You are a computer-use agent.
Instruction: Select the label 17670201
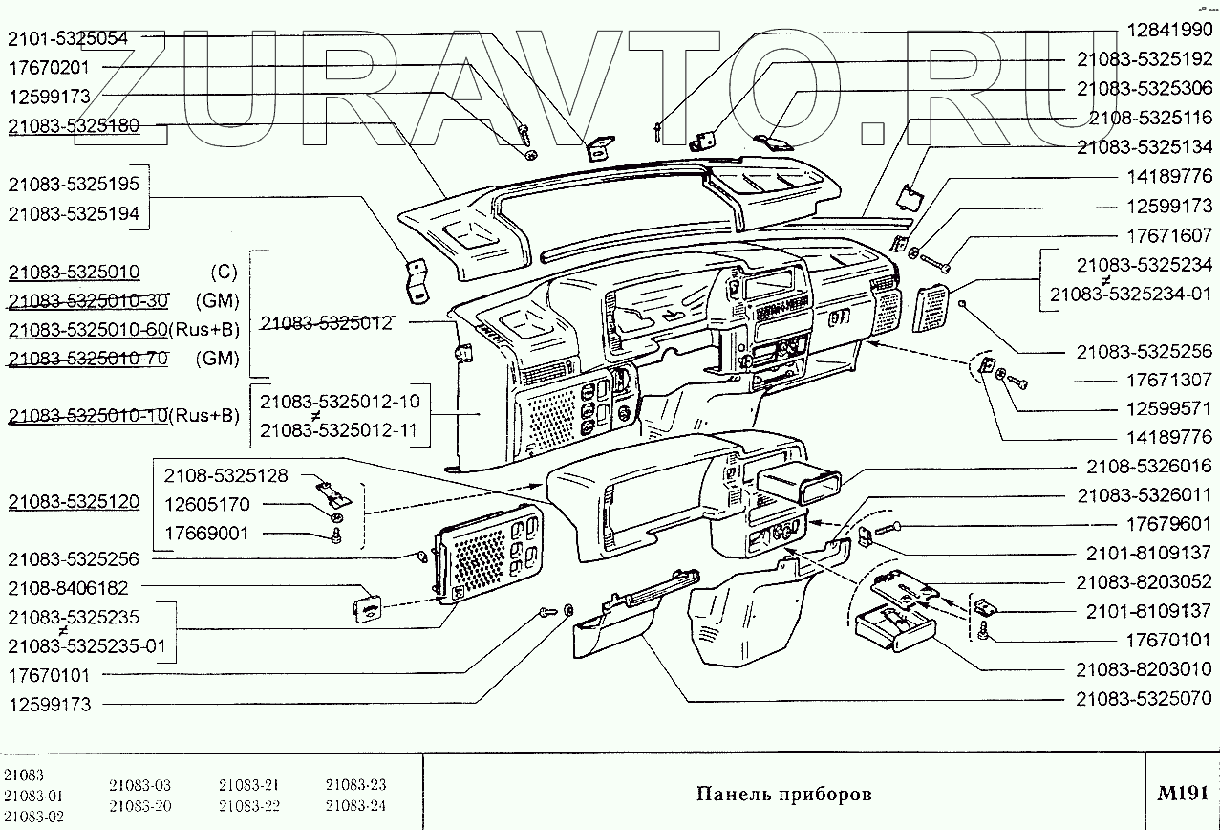[49, 68]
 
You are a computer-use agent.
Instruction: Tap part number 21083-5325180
[74, 126]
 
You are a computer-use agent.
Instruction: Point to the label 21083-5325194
[74, 215]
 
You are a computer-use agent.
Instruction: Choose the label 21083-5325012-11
[338, 430]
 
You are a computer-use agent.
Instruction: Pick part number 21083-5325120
[74, 502]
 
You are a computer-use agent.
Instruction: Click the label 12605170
[205, 504]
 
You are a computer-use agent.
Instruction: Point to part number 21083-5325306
[1145, 88]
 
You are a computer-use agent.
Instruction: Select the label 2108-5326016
[1148, 467]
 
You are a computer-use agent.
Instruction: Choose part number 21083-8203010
[1145, 669]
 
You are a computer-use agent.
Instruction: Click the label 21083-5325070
[1145, 699]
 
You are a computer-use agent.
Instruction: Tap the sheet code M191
[1182, 793]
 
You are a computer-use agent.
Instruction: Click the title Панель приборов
[783, 794]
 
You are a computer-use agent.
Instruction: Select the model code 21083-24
[354, 805]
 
